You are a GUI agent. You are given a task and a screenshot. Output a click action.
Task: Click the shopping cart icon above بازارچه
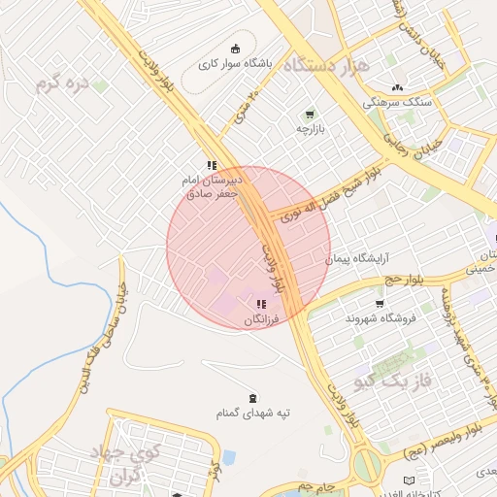pos(310,113)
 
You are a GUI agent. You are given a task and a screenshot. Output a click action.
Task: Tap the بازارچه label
pos(310,128)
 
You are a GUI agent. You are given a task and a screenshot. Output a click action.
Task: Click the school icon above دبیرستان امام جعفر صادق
pos(212,164)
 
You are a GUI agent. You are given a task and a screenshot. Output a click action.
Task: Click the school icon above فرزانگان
pos(260,305)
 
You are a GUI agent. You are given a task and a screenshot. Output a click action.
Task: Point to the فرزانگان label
pos(260,319)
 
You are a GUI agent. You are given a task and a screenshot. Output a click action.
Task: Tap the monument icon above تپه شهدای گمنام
pos(253,397)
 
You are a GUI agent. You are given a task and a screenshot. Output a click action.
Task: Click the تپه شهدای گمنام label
pos(253,413)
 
